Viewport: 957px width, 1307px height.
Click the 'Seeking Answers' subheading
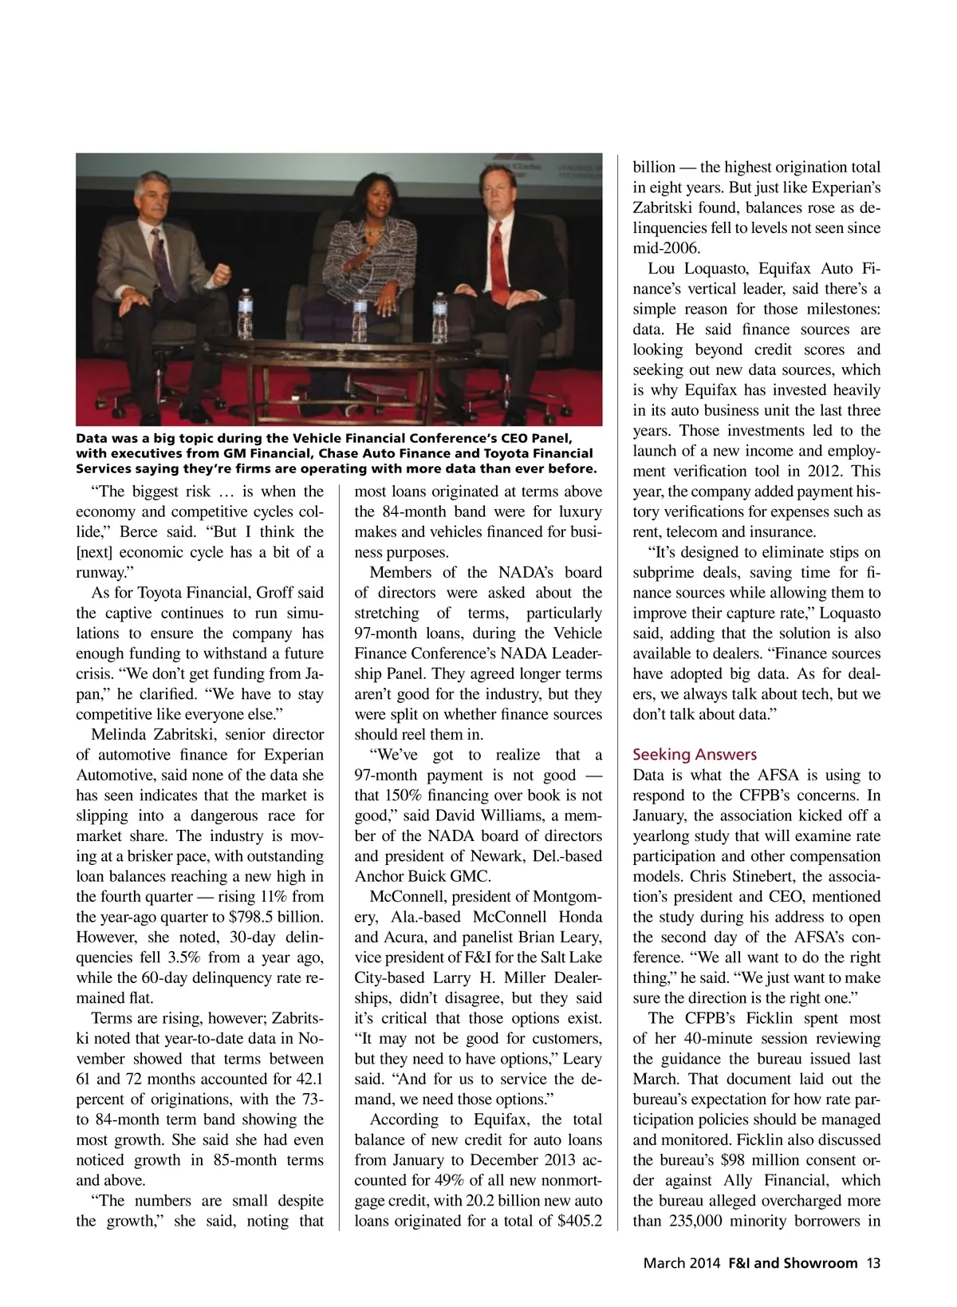[695, 754]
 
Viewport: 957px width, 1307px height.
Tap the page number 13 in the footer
[873, 1263]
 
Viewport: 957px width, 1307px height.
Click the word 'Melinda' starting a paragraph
[124, 734]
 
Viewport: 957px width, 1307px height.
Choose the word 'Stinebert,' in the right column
[758, 876]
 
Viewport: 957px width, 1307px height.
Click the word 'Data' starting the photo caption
[92, 438]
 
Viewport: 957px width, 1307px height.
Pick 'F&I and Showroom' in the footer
[793, 1263]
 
